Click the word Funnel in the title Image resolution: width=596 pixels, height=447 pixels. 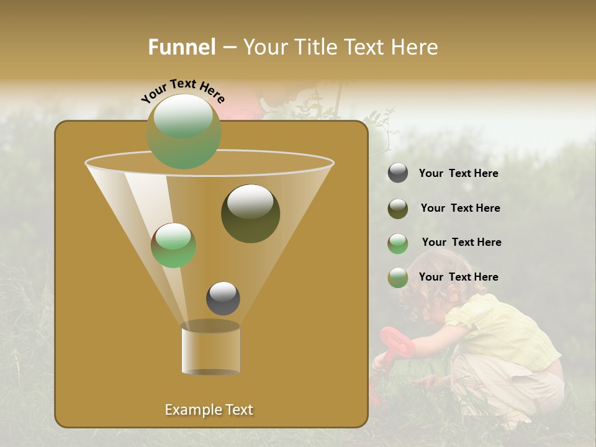(182, 47)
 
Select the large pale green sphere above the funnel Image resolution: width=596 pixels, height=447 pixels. (184, 131)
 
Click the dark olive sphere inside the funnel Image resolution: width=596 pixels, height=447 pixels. (250, 214)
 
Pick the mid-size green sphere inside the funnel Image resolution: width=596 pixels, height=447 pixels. (173, 245)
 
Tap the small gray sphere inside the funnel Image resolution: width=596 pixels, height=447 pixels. (223, 299)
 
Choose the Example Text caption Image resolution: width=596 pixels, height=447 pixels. (209, 410)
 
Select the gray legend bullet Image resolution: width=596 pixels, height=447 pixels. (398, 173)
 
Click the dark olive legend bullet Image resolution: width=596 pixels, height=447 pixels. (398, 209)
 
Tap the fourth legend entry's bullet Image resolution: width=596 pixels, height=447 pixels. (398, 278)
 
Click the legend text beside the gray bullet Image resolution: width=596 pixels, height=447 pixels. (458, 173)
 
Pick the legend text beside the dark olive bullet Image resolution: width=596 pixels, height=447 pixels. (460, 208)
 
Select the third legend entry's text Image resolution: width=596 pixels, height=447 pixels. (461, 242)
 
